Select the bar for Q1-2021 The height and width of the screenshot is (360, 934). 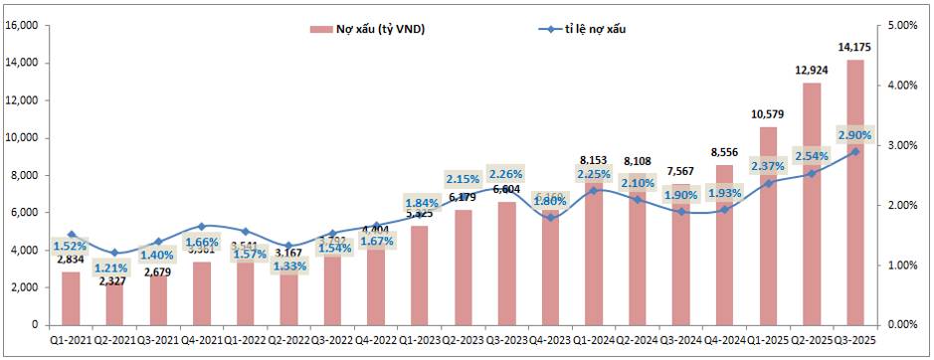point(71,297)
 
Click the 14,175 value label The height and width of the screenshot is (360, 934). point(854,47)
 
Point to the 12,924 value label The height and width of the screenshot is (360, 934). point(811,71)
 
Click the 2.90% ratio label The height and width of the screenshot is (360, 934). point(854,134)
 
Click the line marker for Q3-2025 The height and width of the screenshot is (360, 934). point(854,151)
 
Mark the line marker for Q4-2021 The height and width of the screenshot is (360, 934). point(202,226)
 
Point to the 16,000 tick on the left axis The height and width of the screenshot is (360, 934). point(22,25)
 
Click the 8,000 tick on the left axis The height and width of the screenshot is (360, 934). point(25,175)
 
